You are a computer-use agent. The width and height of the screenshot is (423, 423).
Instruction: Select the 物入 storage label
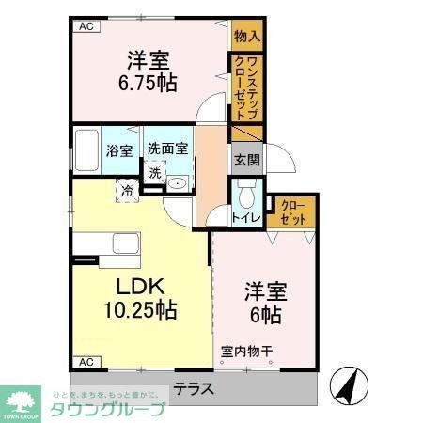(247, 37)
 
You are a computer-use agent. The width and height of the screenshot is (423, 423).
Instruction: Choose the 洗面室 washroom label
(167, 148)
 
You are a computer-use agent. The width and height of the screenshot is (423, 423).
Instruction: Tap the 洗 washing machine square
(154, 172)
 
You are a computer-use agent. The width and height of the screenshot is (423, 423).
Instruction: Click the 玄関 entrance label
(246, 159)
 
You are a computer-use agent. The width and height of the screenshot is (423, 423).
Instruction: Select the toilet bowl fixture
(246, 196)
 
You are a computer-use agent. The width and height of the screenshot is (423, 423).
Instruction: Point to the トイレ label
(245, 219)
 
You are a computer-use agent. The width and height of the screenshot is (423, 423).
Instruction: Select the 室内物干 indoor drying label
(246, 353)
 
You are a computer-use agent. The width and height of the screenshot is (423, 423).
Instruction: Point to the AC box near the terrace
(86, 362)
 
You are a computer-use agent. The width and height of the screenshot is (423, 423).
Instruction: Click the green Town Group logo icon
(20, 399)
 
